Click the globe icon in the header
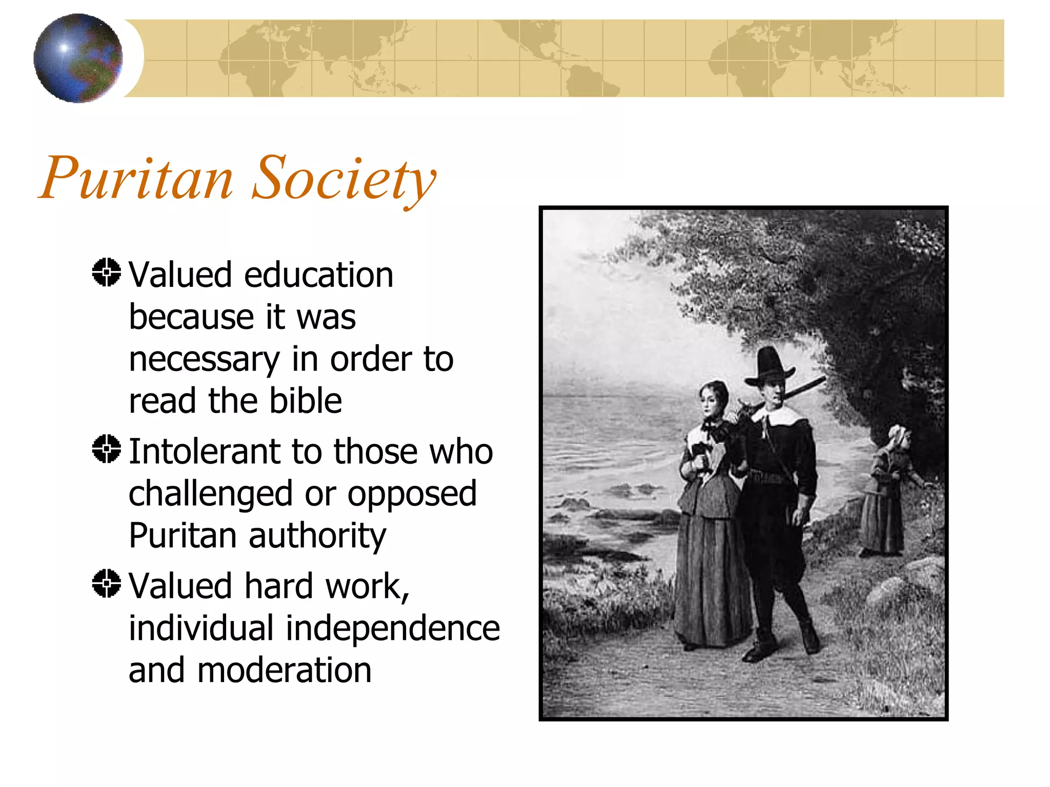pyautogui.click(x=78, y=58)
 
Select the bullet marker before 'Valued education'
pyautogui.click(x=106, y=272)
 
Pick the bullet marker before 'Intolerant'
pyautogui.click(x=106, y=449)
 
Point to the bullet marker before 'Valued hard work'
pyautogui.click(x=106, y=583)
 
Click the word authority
pyautogui.click(x=317, y=536)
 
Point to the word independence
pyautogui.click(x=392, y=628)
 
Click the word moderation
pyautogui.click(x=284, y=670)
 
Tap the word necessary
pyautogui.click(x=204, y=360)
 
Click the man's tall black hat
pyautogui.click(x=769, y=366)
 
